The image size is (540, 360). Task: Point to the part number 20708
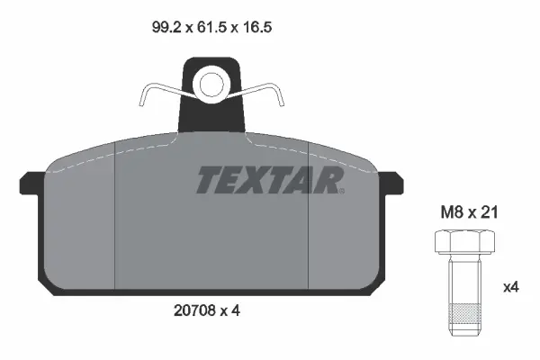tap(197, 310)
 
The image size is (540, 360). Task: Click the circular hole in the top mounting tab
tap(211, 85)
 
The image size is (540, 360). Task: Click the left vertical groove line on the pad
tap(119, 216)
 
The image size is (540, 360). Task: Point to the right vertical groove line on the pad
tap(309, 216)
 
